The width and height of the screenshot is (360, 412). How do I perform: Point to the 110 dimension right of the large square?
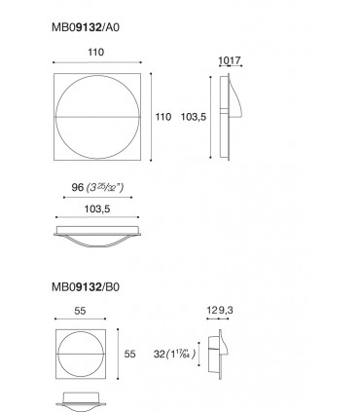click(x=162, y=115)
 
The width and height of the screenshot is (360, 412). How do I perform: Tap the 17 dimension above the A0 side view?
click(x=235, y=59)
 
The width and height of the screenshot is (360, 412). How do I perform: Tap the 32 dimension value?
click(x=159, y=355)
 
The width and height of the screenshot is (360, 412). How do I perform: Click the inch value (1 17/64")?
click(x=183, y=355)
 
